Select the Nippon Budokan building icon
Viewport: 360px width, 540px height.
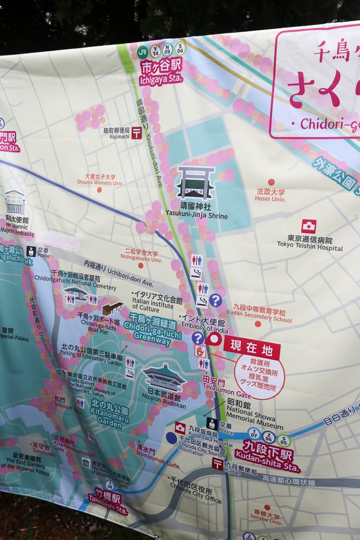click(x=164, y=377)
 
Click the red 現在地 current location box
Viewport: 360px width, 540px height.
click(x=252, y=347)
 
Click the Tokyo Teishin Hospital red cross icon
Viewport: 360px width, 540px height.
click(x=309, y=226)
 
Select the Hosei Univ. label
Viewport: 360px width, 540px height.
click(x=271, y=195)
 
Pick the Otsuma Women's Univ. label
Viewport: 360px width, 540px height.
click(x=100, y=179)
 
